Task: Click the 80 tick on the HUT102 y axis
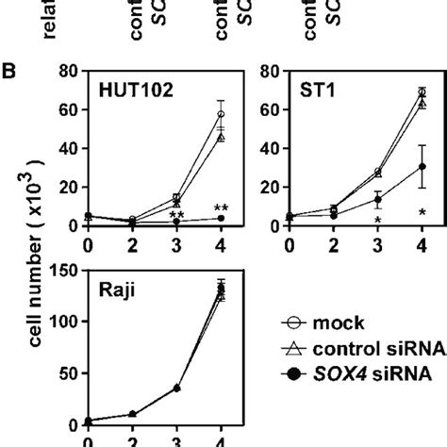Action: [x=66, y=70]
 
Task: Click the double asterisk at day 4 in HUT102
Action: [x=221, y=208]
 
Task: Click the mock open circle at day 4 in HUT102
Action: [x=221, y=115]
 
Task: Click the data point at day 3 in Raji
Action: [x=176, y=388]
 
